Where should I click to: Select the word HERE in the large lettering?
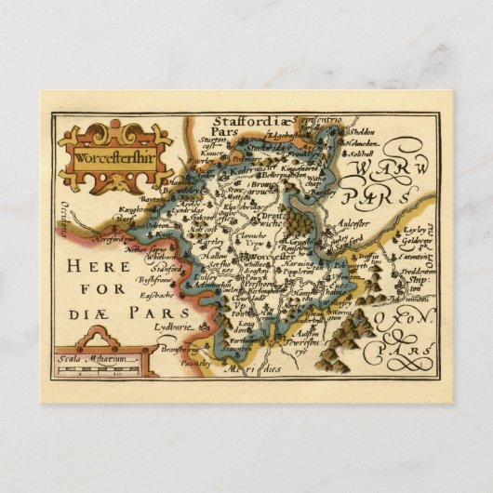(103, 266)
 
